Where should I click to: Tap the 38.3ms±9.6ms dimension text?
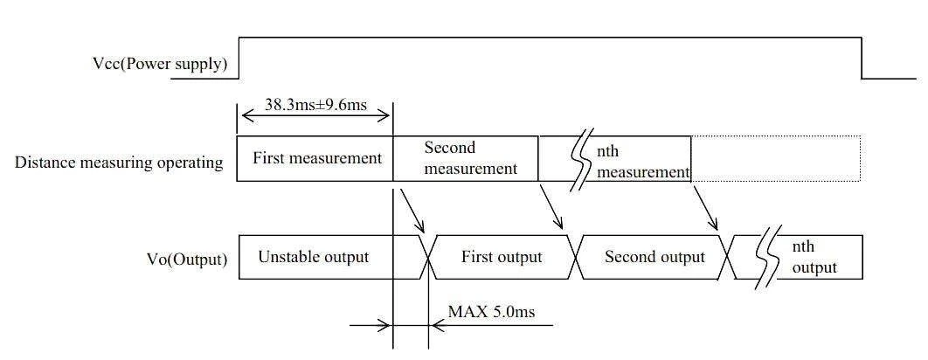(315, 106)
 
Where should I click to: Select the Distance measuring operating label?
(119, 163)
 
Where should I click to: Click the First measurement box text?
(317, 158)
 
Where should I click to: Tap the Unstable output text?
(314, 257)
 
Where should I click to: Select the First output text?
(502, 257)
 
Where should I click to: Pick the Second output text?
(655, 257)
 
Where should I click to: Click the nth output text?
(814, 257)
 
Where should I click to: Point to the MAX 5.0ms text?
(491, 311)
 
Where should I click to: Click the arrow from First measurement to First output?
(412, 211)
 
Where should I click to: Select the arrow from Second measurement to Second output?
(551, 205)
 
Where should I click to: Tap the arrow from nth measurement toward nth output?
(705, 206)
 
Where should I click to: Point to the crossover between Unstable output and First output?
(428, 257)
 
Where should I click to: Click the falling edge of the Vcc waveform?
(862, 58)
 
